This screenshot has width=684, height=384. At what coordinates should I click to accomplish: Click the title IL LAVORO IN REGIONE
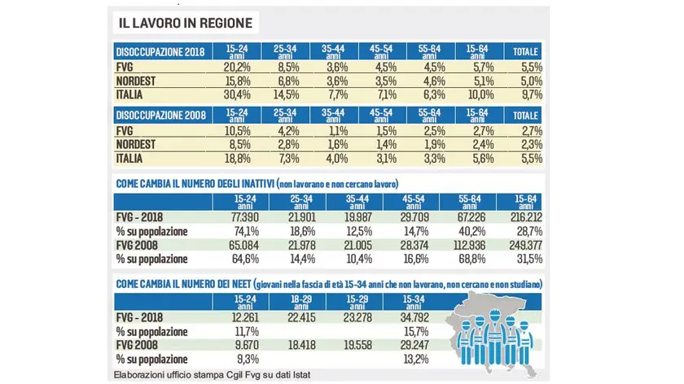pyautogui.click(x=185, y=22)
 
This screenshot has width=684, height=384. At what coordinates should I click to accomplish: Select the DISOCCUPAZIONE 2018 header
pyautogui.click(x=160, y=51)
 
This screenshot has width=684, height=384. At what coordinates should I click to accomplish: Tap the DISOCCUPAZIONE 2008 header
pyautogui.click(x=160, y=116)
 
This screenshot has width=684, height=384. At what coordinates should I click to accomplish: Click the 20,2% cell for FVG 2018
pyautogui.click(x=239, y=67)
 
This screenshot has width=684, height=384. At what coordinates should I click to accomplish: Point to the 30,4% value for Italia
pyautogui.click(x=239, y=94)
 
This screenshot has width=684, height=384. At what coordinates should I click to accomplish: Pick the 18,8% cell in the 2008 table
pyautogui.click(x=239, y=159)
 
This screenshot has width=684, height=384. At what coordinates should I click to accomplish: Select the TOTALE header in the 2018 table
pyautogui.click(x=525, y=51)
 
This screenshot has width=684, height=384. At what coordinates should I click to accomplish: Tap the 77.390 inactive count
pyautogui.click(x=239, y=219)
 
